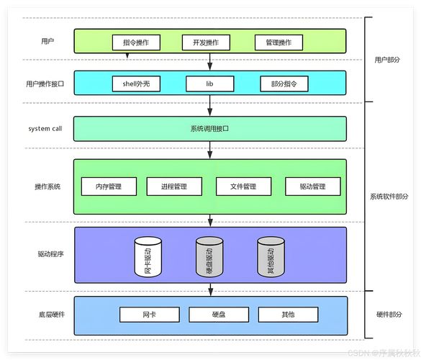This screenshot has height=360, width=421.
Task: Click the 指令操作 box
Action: (x=136, y=42)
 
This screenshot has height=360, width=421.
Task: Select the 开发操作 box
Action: (x=206, y=42)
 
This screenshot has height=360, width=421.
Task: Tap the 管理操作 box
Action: (x=279, y=42)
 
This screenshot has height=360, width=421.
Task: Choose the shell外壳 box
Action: (x=136, y=84)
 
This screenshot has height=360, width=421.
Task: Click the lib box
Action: (x=210, y=84)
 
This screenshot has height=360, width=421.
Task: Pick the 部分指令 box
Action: (x=284, y=84)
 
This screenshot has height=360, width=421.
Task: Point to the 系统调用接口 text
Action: (x=209, y=129)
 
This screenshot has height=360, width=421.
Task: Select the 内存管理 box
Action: (x=109, y=186)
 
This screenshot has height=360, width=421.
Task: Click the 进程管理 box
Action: (x=174, y=186)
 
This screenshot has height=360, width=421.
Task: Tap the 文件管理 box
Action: (x=243, y=186)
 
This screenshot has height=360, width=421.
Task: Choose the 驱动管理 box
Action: (x=313, y=186)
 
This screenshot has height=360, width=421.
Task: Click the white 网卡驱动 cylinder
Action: (x=148, y=257)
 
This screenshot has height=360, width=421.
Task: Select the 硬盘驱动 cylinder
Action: (x=209, y=257)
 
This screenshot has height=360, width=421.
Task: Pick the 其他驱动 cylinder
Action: (x=271, y=257)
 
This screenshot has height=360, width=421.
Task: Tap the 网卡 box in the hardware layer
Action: (x=150, y=315)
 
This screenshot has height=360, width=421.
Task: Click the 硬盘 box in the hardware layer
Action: (x=219, y=315)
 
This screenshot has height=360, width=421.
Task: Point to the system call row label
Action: (x=45, y=129)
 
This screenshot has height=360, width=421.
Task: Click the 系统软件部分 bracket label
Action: (x=389, y=197)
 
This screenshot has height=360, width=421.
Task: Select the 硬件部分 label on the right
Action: (x=389, y=315)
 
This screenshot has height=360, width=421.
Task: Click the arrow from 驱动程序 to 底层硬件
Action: (x=210, y=289)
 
